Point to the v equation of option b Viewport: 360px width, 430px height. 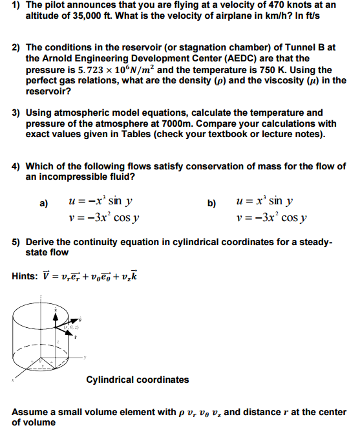tap(272, 217)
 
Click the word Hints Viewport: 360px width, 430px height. tap(25, 276)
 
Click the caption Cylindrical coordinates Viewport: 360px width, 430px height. tap(138, 380)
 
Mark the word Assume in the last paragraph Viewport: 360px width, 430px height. tap(30, 412)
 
